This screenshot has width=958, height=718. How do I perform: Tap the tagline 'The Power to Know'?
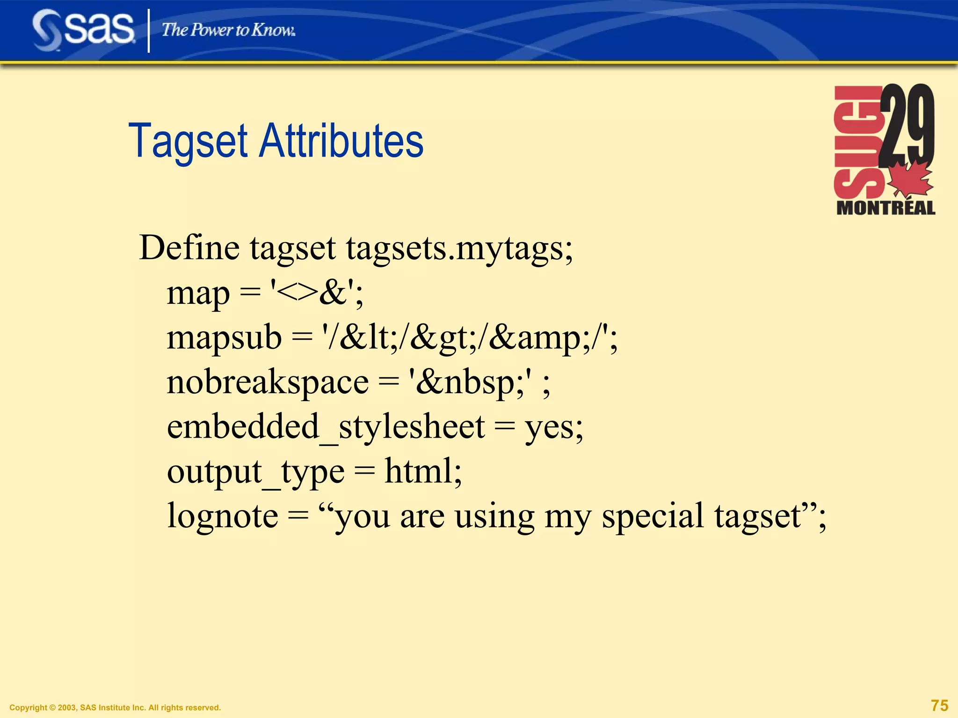[x=228, y=30]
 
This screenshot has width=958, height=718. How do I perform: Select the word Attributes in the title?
[x=341, y=141]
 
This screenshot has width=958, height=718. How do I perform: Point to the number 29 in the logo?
[x=907, y=124]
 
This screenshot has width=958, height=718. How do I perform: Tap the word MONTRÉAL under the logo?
[x=885, y=208]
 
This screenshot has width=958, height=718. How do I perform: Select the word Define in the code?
[x=189, y=248]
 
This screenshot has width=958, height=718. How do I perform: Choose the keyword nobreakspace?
[x=268, y=382]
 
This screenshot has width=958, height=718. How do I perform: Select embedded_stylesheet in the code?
[x=326, y=427]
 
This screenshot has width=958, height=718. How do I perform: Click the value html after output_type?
[x=419, y=471]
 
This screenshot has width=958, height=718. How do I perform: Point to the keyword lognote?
[x=223, y=516]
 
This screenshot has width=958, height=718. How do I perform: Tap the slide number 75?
[x=939, y=705]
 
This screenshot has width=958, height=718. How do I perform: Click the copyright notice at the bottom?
[x=115, y=708]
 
